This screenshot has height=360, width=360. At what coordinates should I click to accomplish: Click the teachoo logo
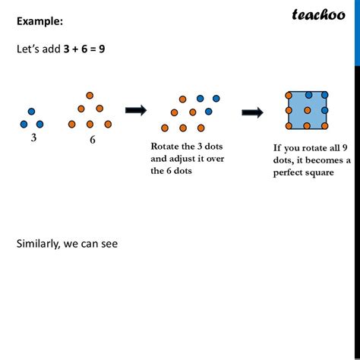pos(318,14)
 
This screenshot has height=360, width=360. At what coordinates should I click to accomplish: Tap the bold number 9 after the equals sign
pos(102,49)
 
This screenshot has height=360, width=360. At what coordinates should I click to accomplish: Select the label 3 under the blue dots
pos(33,138)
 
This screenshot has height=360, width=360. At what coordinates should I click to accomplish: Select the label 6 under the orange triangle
pos(93,140)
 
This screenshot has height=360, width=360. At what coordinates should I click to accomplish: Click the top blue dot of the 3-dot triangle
pos(31,112)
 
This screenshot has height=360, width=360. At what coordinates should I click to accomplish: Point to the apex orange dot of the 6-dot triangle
pos(90,96)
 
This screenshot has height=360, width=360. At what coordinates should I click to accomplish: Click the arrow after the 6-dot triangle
pos(136,110)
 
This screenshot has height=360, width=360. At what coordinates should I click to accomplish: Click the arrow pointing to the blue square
pos(252,112)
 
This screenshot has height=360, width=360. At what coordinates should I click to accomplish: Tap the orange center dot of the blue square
pos(308,110)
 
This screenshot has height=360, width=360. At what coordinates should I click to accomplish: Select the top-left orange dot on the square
pos(289,96)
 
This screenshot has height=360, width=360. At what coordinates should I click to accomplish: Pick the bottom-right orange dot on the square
pos(325,126)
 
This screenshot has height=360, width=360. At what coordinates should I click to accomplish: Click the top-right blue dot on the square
pos(325,95)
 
